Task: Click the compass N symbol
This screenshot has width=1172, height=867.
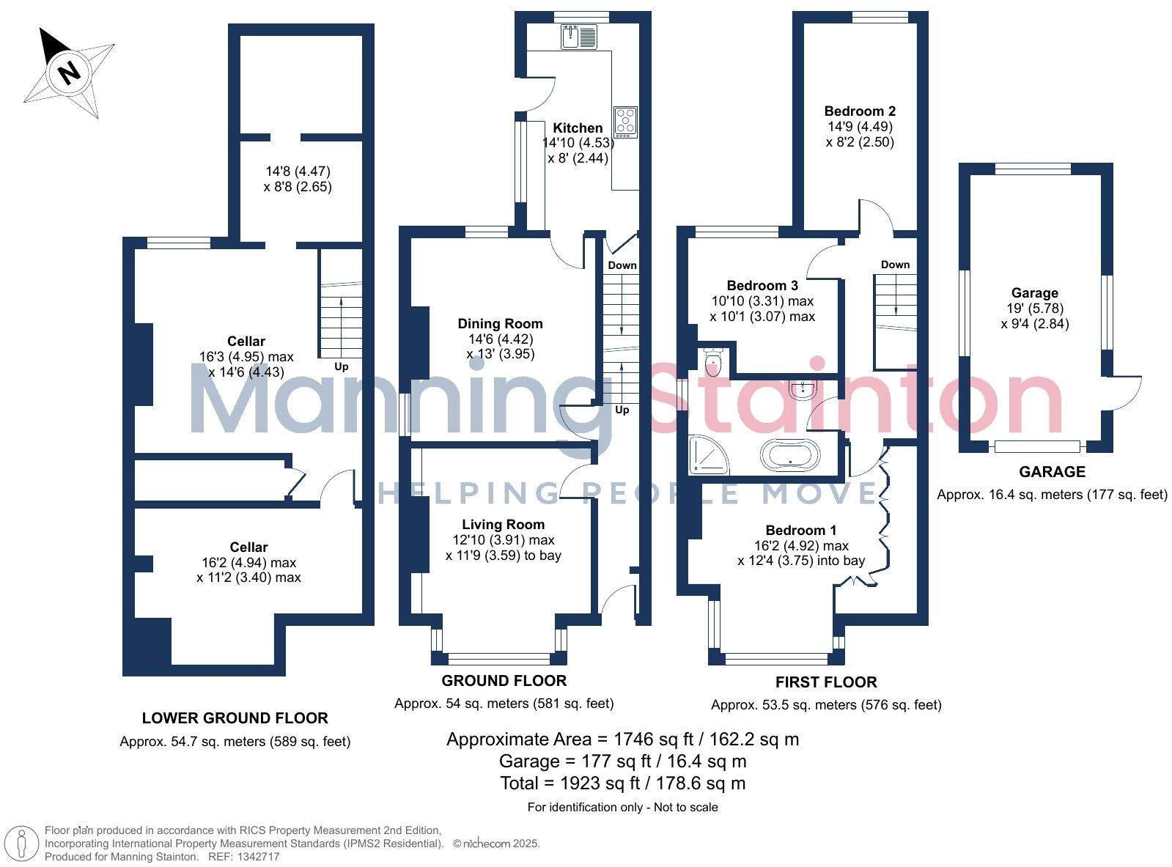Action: coord(69,73)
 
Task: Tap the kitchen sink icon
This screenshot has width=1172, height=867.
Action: coord(579,36)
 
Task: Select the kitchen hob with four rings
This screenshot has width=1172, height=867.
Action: coord(626,122)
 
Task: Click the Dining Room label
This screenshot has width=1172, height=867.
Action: coord(500,323)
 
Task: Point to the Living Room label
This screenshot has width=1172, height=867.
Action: coord(503,524)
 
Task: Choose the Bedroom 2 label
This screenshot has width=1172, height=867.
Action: coord(860,111)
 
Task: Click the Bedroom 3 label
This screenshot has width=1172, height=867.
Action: coord(762,285)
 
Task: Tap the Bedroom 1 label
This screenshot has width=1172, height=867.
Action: coord(800,530)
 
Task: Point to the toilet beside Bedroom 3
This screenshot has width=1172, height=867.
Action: coord(712,362)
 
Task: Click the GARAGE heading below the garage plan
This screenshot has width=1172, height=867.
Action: coord(1052,472)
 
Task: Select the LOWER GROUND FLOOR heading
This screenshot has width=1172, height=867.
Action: coord(235,718)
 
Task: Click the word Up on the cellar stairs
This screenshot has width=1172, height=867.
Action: coord(341,366)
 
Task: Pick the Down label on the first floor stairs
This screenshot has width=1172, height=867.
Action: coord(895,265)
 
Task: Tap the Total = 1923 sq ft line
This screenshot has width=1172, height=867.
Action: coord(622,783)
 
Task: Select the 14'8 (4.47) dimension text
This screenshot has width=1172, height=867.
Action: coord(298,171)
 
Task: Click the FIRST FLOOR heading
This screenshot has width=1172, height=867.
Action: coord(826,682)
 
